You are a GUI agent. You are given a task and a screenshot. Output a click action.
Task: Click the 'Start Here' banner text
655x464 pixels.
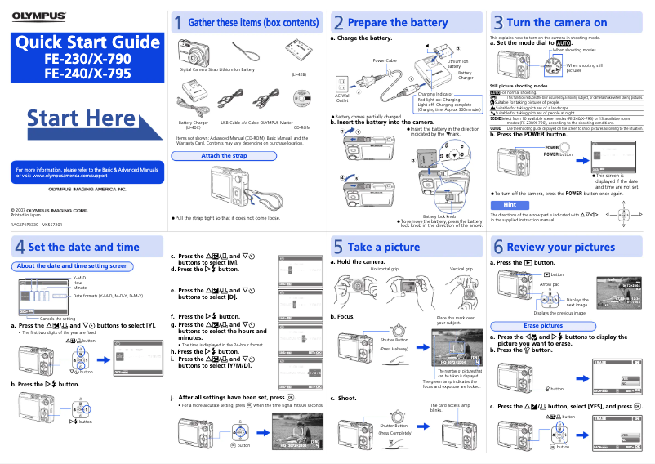(81, 118)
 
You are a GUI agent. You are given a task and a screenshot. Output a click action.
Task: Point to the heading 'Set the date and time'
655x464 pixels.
(83, 247)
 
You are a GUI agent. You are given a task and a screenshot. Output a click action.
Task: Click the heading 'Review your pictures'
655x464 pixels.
(561, 247)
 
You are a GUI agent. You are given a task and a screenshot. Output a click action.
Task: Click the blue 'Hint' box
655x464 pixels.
(510, 204)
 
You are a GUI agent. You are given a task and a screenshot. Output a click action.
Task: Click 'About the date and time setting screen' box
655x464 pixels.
(73, 265)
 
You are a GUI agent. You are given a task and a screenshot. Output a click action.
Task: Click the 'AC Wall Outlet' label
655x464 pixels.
(342, 97)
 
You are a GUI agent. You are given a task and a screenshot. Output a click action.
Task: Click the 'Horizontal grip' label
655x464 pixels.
(384, 268)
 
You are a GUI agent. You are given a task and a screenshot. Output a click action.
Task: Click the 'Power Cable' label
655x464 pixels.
(385, 60)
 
